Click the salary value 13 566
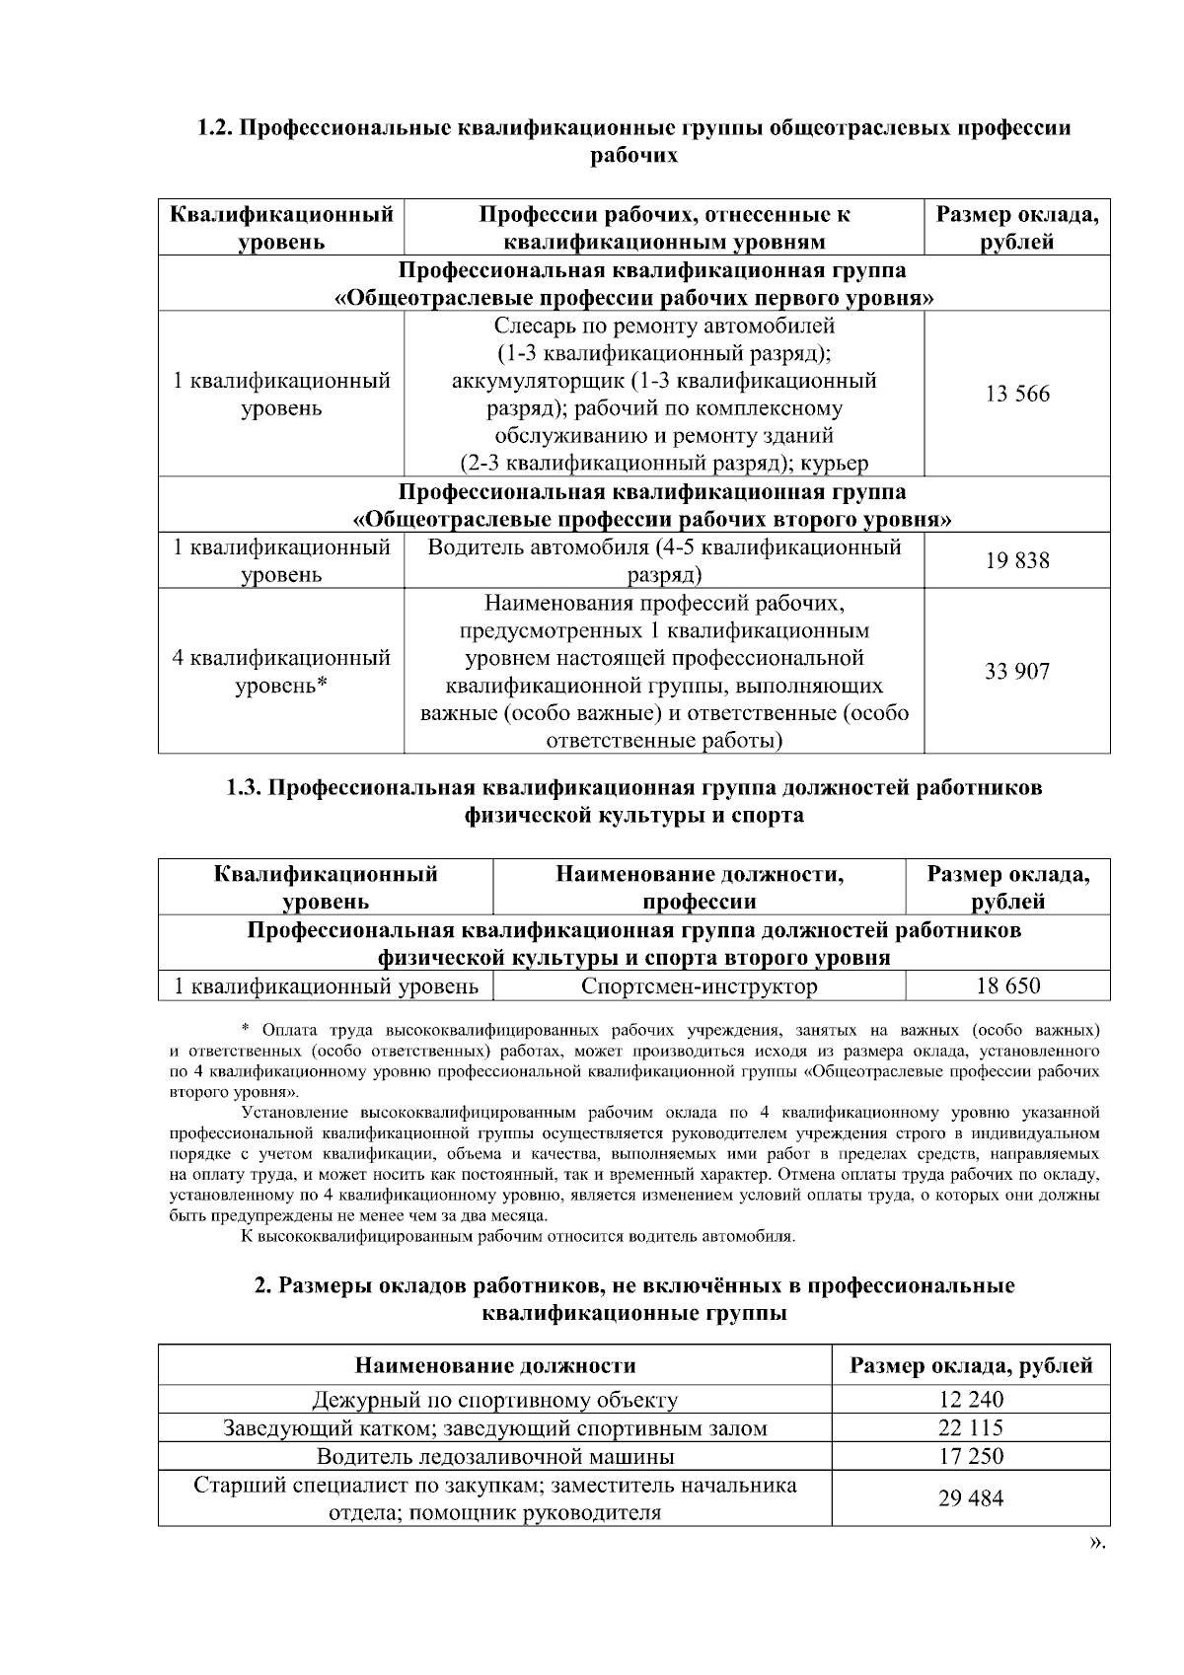pos(1017,395)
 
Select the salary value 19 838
pos(1017,561)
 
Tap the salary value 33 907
pos(1017,672)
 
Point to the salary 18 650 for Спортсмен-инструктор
pos(1006,985)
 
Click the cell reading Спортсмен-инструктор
pos(699,985)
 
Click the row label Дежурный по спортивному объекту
pos(495,1399)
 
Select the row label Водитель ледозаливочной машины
pos(495,1456)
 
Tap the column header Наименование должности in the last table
pos(495,1366)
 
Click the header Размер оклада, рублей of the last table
pos(971,1366)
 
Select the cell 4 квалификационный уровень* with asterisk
pos(281,672)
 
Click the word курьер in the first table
pos(836,463)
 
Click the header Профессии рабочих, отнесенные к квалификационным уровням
pos(664,228)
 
